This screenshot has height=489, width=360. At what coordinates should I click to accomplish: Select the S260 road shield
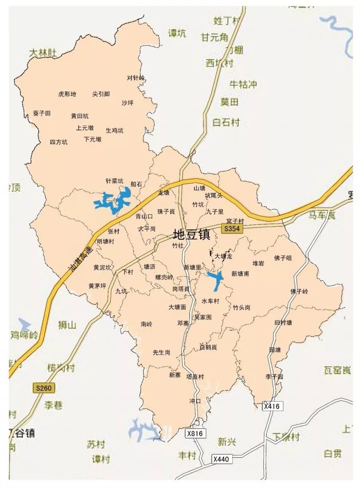click(44, 388)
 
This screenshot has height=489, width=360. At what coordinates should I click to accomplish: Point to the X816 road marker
click(196, 433)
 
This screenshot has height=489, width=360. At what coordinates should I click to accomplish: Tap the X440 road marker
click(221, 459)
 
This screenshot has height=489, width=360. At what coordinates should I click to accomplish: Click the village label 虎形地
click(67, 94)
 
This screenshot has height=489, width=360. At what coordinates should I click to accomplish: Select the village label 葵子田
click(42, 114)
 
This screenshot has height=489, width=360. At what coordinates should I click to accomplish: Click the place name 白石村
click(226, 122)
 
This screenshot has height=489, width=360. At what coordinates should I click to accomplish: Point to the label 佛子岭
click(300, 291)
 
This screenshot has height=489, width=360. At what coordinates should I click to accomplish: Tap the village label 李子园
click(274, 377)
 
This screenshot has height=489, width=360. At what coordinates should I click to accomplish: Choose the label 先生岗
click(162, 352)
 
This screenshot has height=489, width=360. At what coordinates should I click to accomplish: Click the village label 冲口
click(194, 401)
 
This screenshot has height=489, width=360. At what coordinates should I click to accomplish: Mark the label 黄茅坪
click(97, 286)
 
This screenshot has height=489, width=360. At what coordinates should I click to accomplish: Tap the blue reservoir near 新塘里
click(216, 279)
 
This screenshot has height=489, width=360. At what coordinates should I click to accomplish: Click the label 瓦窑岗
click(337, 371)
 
